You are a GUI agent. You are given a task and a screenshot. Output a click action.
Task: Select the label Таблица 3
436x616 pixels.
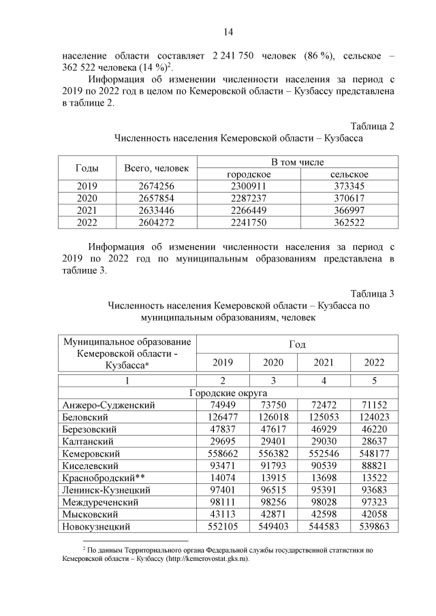[372, 294]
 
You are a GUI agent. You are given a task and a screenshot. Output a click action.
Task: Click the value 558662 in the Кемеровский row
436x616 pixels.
[222, 453]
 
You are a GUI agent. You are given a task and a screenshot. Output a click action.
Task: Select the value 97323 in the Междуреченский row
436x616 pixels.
[373, 502]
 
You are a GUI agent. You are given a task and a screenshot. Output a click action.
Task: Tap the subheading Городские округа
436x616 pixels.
[228, 393]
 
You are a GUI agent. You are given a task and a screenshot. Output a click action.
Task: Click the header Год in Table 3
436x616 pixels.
[297, 344]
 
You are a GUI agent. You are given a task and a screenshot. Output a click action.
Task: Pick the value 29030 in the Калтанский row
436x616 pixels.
[323, 441]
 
